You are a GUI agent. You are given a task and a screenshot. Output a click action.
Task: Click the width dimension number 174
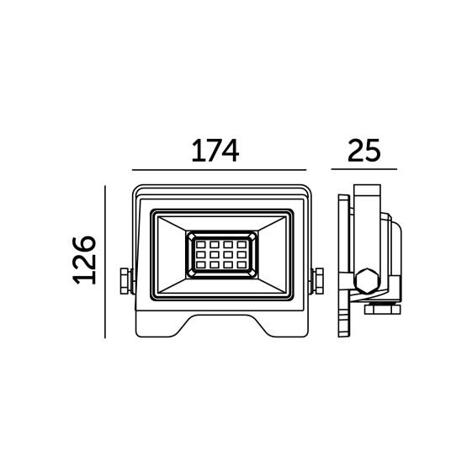point(215,151)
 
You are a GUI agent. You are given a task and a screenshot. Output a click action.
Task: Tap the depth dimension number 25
point(363,151)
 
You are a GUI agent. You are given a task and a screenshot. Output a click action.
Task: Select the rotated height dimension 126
point(84,260)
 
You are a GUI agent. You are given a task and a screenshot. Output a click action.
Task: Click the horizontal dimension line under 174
point(219,170)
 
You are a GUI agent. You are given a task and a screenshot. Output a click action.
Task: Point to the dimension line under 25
point(363,169)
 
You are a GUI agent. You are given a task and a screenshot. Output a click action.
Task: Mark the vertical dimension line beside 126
point(105,262)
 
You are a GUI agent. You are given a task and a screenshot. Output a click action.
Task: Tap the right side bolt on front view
point(316,281)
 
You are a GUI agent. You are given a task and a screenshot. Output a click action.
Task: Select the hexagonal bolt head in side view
point(367,281)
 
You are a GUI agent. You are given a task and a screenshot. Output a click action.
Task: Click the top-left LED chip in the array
point(201,245)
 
